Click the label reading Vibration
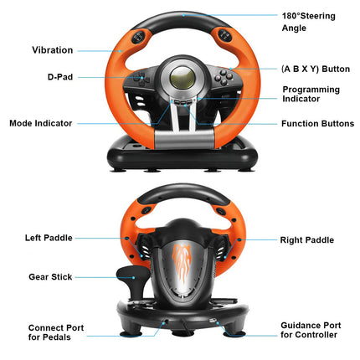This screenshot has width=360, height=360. [x=53, y=50]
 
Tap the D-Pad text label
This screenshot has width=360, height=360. [x=60, y=77]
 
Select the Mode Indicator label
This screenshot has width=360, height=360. [x=41, y=123]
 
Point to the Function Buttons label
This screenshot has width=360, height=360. [x=317, y=124]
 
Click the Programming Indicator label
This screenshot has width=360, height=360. [x=311, y=94]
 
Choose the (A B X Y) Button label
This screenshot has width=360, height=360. [x=316, y=69]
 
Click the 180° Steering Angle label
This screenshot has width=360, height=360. [x=308, y=22]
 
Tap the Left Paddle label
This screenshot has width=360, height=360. [x=49, y=238]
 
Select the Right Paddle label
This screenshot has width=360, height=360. [x=307, y=240]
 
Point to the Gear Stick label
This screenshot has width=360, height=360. [x=50, y=277]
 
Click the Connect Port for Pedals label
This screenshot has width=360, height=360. [x=56, y=332]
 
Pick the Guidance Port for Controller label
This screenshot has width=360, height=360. [x=311, y=330]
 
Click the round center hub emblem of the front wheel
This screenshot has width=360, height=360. [x=183, y=78]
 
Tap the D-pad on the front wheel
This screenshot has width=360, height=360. [x=141, y=78]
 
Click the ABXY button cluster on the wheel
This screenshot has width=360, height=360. [x=224, y=77]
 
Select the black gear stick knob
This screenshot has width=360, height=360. [x=131, y=274]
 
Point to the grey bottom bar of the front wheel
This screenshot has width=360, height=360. [x=184, y=140]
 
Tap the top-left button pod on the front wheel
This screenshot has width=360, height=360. [x=138, y=37]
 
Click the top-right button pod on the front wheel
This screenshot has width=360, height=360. [x=225, y=36]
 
